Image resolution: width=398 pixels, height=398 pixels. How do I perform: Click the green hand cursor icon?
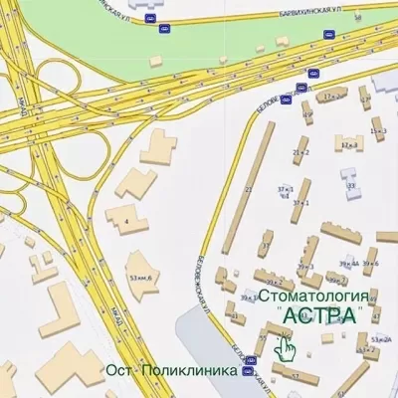287,345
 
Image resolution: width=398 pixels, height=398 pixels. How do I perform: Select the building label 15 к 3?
377,130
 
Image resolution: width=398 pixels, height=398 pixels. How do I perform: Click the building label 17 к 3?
348,145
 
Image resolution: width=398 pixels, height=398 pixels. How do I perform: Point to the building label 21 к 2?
300,152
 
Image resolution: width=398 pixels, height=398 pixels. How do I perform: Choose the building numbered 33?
350,185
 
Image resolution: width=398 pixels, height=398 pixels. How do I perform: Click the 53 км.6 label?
141,278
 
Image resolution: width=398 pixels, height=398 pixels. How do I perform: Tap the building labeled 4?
127,220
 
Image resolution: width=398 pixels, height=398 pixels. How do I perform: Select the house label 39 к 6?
370,263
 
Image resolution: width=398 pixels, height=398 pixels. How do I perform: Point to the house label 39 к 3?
249,297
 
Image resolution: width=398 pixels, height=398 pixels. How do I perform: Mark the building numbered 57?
294,376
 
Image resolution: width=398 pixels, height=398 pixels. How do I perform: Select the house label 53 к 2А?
381,339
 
